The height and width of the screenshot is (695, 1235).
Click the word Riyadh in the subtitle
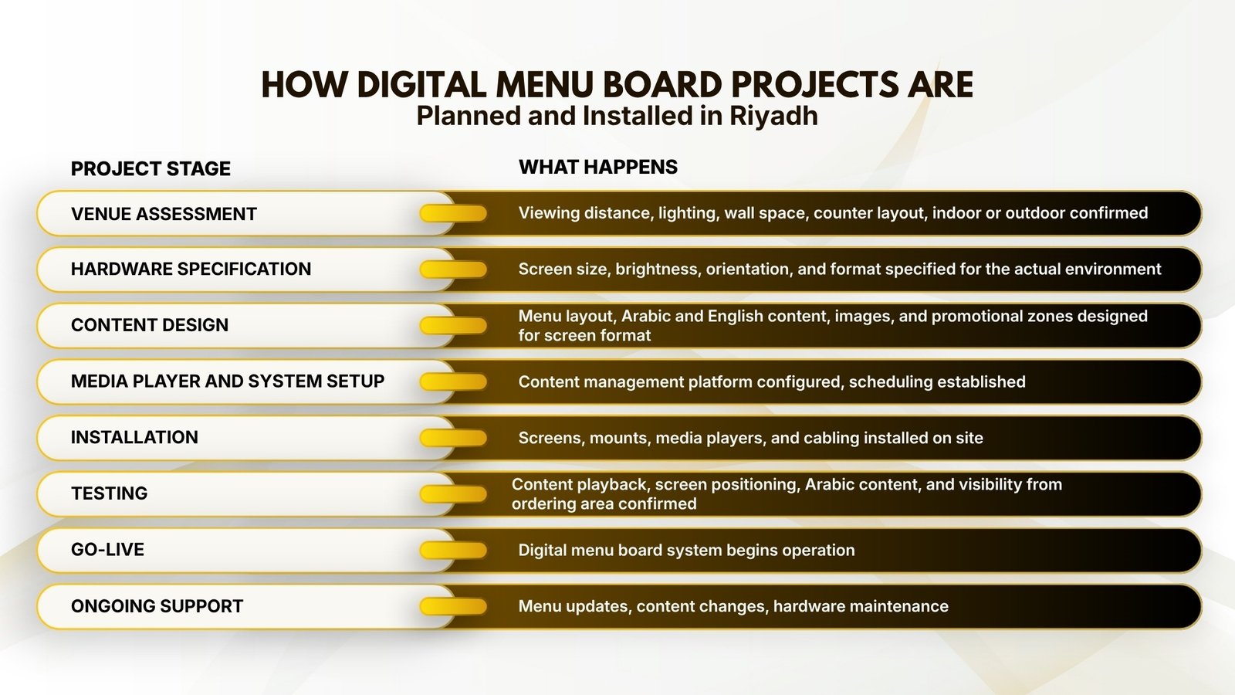[x=773, y=117]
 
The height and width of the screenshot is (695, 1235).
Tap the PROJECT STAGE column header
[x=151, y=169]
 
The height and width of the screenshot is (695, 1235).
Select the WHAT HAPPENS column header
[x=598, y=167]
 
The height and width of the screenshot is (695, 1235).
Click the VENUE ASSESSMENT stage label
[x=164, y=214]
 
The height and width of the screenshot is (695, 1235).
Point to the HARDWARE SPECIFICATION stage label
[x=191, y=270]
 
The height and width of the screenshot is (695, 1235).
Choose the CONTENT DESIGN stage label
[x=150, y=325]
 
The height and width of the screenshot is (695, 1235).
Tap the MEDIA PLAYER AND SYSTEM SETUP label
[x=228, y=381]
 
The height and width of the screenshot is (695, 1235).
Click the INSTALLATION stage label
[x=134, y=437]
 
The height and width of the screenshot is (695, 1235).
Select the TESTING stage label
[x=109, y=493]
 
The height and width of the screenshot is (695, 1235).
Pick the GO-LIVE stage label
[x=107, y=549]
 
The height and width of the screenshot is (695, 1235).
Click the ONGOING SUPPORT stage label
[x=157, y=606]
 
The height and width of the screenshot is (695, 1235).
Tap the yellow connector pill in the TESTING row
[x=453, y=494]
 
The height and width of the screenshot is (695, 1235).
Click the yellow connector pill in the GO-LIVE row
[x=453, y=550]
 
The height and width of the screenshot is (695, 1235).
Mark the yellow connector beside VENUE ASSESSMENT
[x=453, y=213]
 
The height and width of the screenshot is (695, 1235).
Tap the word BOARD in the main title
[x=663, y=85]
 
